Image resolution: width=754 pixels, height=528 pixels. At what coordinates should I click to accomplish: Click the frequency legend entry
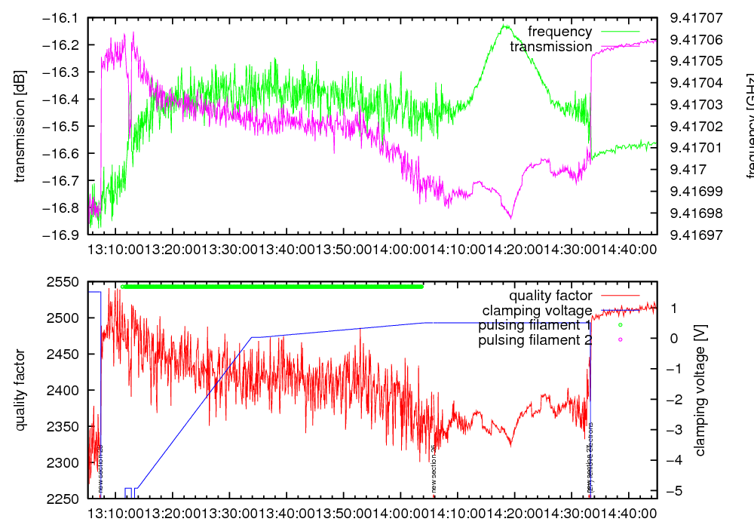[x=559, y=32]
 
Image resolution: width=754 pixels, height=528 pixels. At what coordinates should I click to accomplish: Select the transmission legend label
[x=550, y=47]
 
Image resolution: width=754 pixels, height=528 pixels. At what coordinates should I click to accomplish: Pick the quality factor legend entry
[x=550, y=296]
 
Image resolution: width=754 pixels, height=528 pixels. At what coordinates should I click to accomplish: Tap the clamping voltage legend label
[x=537, y=310]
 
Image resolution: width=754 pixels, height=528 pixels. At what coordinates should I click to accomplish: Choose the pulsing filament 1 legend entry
[x=535, y=325]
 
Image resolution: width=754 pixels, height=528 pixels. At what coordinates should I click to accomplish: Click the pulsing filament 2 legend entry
[x=535, y=340]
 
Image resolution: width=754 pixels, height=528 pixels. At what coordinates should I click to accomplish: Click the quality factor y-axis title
[x=20, y=390]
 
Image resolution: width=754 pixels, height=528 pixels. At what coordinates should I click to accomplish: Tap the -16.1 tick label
[x=65, y=17]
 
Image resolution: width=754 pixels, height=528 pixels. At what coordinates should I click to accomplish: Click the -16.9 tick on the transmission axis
[x=65, y=235]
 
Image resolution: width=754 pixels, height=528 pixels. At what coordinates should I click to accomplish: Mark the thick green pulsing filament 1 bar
[x=272, y=287]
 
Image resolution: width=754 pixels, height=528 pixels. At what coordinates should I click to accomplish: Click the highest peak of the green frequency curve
[x=503, y=26]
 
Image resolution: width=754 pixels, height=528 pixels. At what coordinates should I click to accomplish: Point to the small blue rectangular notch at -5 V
[x=128, y=492]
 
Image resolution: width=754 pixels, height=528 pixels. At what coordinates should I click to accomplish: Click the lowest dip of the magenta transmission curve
[x=511, y=218]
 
